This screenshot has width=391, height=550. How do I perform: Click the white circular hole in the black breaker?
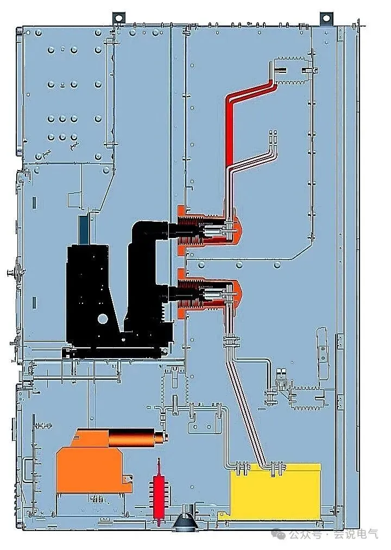click(x=103, y=318)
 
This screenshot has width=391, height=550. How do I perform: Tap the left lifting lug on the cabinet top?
click(x=118, y=17)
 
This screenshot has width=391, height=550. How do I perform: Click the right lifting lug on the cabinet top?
click(x=326, y=17)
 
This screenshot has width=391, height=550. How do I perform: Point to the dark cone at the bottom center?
click(x=186, y=520)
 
